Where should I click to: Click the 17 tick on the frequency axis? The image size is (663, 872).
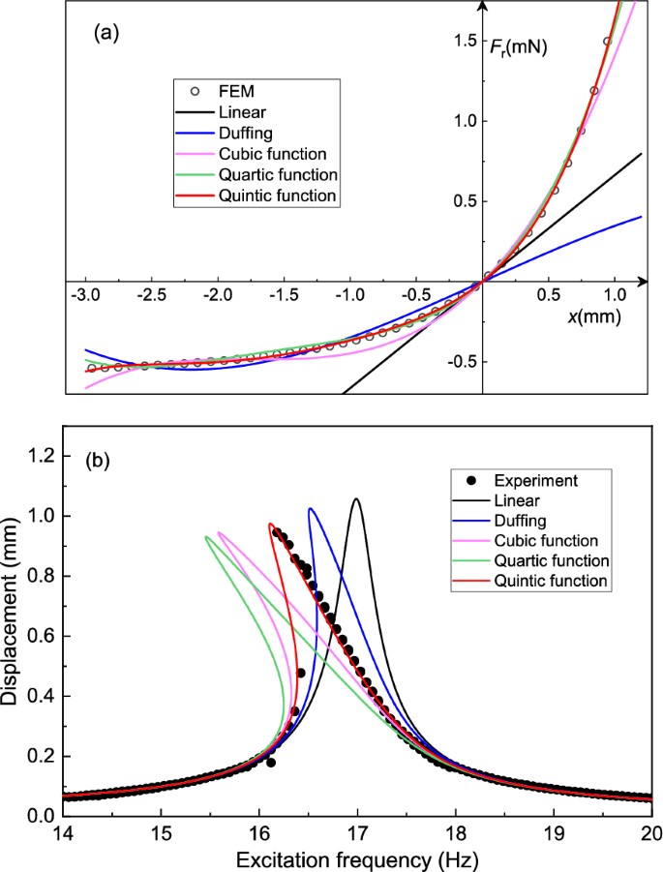click(357, 834)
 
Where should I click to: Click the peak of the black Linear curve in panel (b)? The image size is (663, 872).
click(357, 499)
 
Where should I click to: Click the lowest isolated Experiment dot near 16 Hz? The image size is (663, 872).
click(271, 763)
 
